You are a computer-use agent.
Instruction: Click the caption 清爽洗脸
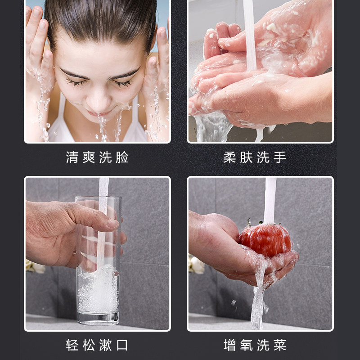(x=97, y=157)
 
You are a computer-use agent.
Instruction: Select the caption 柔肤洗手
(x=255, y=157)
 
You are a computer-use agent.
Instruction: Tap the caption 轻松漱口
(x=97, y=345)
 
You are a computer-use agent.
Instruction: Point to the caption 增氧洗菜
(x=255, y=345)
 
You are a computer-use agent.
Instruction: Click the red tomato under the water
(x=265, y=241)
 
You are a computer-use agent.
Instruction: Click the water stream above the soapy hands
(x=250, y=27)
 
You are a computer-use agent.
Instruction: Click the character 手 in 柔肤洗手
(x=280, y=157)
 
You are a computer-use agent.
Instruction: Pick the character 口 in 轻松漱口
(x=122, y=345)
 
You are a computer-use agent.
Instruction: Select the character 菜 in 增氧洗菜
(x=280, y=345)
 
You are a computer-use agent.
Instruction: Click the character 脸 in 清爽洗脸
(x=122, y=157)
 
